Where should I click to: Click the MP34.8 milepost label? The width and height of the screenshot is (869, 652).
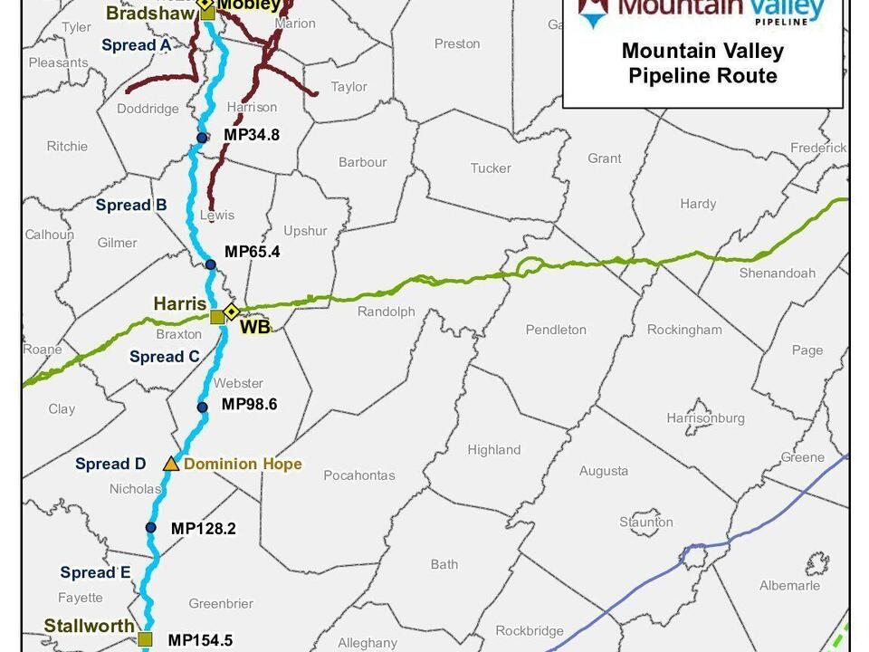tap(252, 136)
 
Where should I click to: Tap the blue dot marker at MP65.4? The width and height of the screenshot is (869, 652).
tap(210, 264)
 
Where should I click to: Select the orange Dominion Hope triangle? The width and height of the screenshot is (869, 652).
tap(171, 464)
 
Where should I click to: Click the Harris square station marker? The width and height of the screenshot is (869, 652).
tap(217, 317)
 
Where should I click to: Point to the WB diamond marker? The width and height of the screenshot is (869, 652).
tap(231, 312)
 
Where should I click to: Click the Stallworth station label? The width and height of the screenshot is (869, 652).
tap(89, 626)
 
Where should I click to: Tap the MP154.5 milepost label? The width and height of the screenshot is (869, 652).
tap(201, 639)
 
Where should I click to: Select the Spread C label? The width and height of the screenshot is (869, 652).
tap(165, 357)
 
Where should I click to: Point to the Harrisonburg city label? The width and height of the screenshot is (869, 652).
tap(705, 418)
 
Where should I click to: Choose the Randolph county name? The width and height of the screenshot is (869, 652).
tap(387, 312)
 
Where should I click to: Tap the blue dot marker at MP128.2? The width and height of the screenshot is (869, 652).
tap(151, 527)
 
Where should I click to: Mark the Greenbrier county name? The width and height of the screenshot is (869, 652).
tap(221, 603)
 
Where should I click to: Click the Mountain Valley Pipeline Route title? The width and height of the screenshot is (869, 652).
tap(702, 62)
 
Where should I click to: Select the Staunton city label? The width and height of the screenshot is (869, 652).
tap(646, 522)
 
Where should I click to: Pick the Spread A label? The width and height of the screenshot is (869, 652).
tap(136, 45)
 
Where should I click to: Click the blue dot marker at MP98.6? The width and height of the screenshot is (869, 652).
tap(203, 407)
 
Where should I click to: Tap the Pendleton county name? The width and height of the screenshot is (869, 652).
tap(556, 330)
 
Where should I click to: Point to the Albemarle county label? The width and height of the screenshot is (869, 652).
tap(789, 585)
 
